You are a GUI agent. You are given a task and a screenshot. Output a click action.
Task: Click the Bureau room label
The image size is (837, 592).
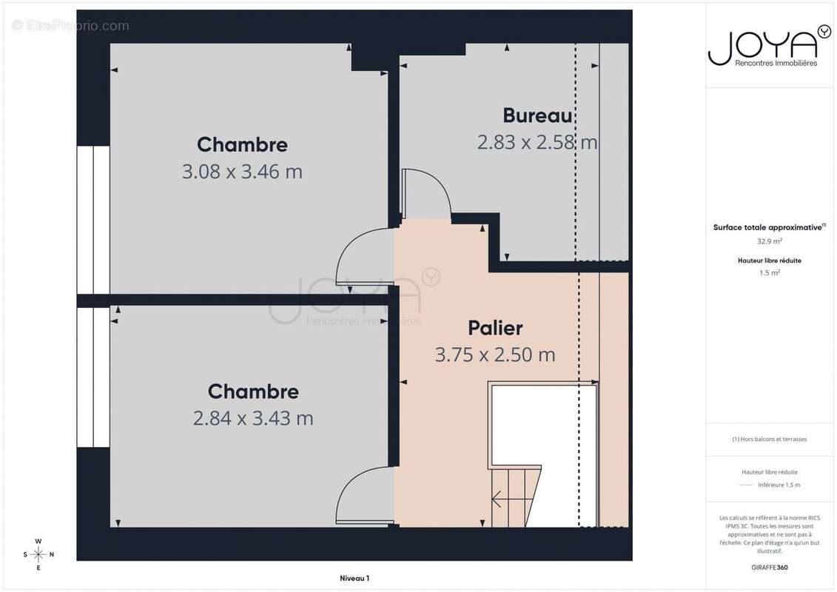[x=537, y=115]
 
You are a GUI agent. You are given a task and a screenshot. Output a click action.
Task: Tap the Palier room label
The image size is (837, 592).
[x=495, y=328]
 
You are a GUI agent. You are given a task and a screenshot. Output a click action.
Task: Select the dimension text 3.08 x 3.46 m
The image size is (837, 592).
[x=242, y=172]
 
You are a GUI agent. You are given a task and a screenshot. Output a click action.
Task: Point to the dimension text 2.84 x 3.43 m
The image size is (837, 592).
[x=253, y=418]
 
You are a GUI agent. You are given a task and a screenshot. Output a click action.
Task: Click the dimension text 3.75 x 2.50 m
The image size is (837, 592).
[x=495, y=354]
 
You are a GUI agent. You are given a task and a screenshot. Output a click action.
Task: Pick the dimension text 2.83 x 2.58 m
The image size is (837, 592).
[x=537, y=142]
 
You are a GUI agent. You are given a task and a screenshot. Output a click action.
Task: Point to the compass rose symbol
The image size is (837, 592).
[x=38, y=554]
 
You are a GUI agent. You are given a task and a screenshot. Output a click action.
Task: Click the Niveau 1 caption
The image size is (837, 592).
[x=354, y=578]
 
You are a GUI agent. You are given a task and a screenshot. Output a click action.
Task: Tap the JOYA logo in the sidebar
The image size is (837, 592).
[x=769, y=47]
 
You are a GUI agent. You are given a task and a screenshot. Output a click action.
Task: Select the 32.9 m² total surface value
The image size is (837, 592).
[x=769, y=241]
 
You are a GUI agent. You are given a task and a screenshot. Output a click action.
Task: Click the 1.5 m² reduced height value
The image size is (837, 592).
[x=769, y=273]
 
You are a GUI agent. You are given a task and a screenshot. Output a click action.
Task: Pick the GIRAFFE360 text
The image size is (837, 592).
[x=769, y=568]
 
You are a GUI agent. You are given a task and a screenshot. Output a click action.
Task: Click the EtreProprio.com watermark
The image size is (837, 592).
[x=71, y=26]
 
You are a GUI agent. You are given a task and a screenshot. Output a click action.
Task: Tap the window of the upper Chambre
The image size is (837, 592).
[x=93, y=219]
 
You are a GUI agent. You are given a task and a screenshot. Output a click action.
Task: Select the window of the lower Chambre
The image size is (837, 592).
[x=93, y=377]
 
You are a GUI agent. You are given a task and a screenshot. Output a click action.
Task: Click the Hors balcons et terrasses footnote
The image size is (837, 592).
[x=769, y=440]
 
